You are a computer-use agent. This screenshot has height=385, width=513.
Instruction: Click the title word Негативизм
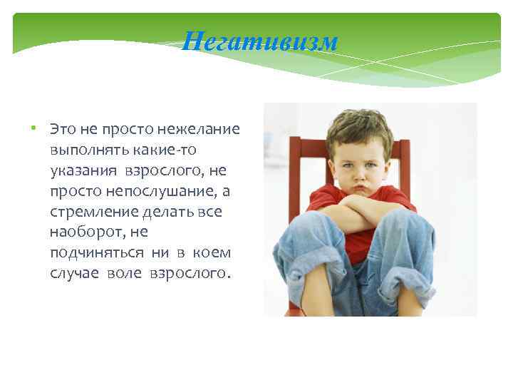pos(259,42)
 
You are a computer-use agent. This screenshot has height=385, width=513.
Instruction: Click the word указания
pos(84,171)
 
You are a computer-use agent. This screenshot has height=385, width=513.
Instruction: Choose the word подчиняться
pos(93,254)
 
